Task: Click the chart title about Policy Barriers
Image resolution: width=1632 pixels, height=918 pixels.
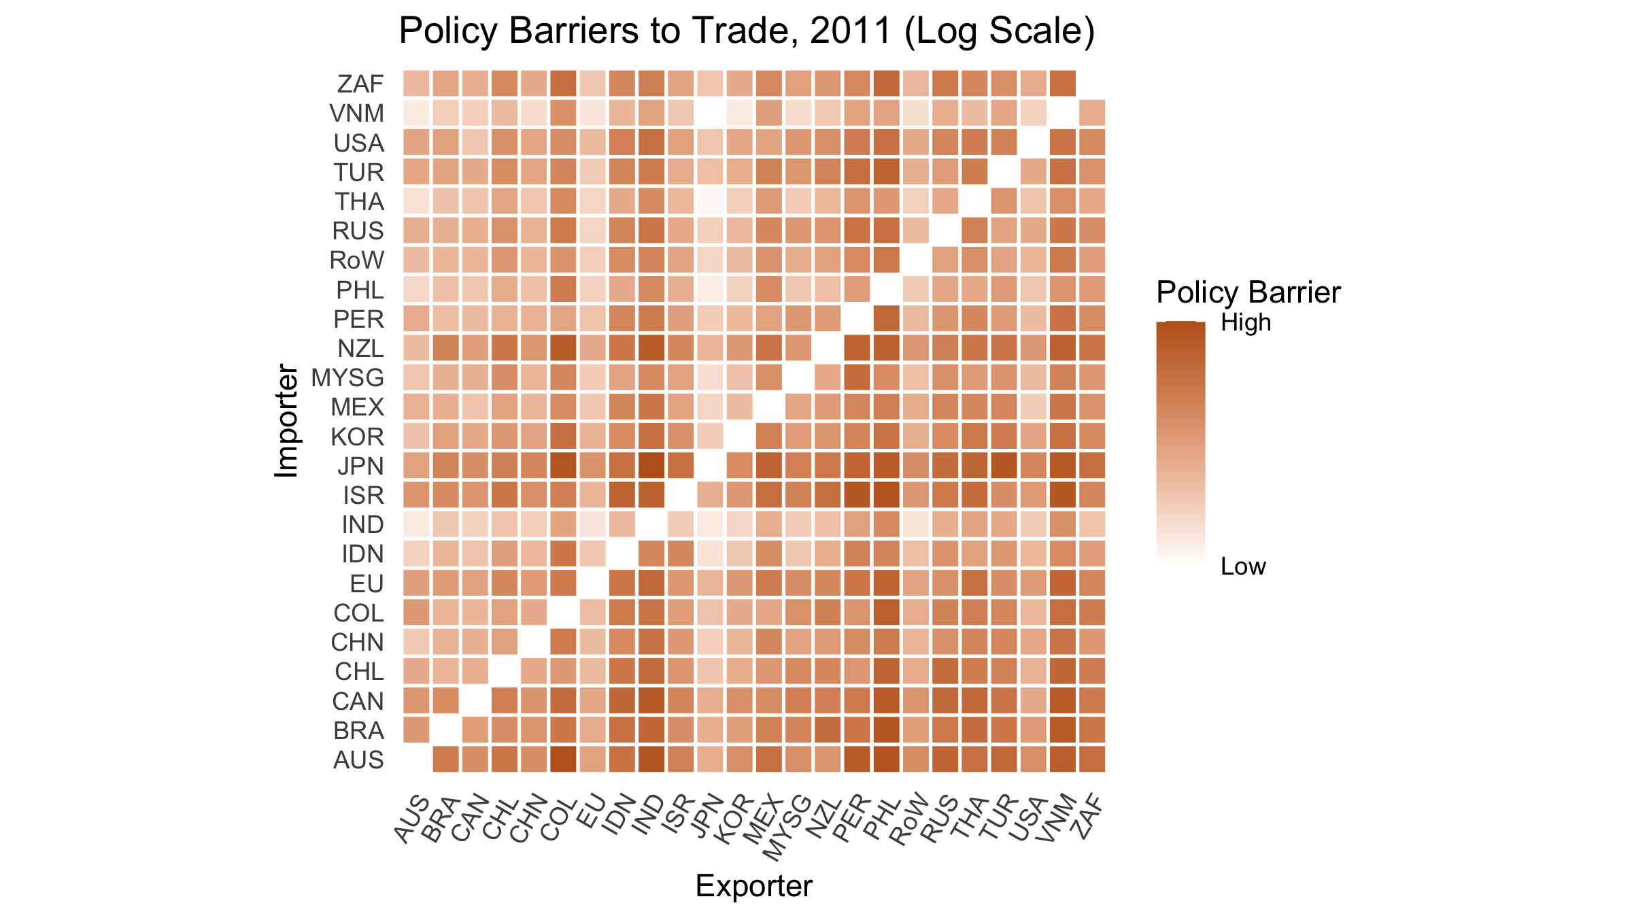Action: [x=747, y=31]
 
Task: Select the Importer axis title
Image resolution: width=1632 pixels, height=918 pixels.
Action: [x=287, y=421]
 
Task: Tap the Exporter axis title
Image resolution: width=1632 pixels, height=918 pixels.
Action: [x=753, y=886]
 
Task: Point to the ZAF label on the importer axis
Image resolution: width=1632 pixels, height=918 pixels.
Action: [x=360, y=84]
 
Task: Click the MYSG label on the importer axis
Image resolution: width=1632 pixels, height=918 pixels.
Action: [x=347, y=377]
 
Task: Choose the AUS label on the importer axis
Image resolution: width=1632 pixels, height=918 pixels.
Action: [x=358, y=760]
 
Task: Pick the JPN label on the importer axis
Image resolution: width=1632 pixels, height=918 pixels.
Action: [x=360, y=466]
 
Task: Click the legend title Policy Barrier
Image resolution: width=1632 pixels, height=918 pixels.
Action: [x=1248, y=292]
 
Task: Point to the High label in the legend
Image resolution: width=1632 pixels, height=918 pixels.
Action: [x=1246, y=322]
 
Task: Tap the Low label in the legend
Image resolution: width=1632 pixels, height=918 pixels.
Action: [x=1243, y=566]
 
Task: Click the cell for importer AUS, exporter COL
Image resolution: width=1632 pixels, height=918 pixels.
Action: [x=563, y=759]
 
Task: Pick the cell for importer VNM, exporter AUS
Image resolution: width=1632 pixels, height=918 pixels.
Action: [x=416, y=113]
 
